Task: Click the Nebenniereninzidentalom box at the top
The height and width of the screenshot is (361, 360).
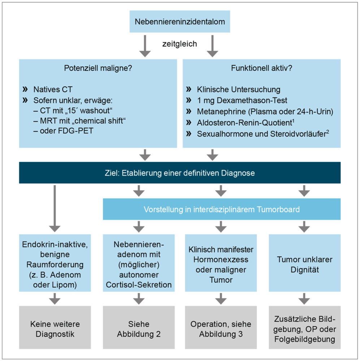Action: [x=180, y=21]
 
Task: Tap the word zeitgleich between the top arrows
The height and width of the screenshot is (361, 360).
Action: [x=179, y=44]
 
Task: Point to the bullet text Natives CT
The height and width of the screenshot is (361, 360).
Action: [x=55, y=89]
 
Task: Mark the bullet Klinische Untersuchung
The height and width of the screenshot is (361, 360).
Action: [x=238, y=89]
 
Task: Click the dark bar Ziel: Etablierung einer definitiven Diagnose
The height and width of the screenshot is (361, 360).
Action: [x=180, y=173]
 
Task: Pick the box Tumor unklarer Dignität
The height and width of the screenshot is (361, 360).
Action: [x=304, y=265]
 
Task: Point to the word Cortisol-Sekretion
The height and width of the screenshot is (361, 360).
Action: [x=139, y=285]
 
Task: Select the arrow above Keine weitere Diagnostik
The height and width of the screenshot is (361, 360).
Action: [x=55, y=298]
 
